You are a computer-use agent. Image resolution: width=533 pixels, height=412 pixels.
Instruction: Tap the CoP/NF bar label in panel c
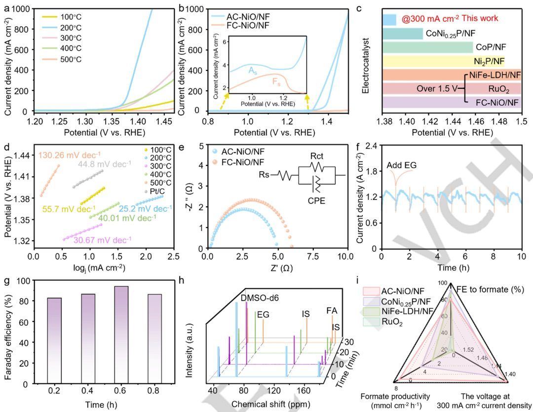tap(490, 47)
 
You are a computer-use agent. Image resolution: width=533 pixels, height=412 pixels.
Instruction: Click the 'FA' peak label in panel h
tap(332, 312)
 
